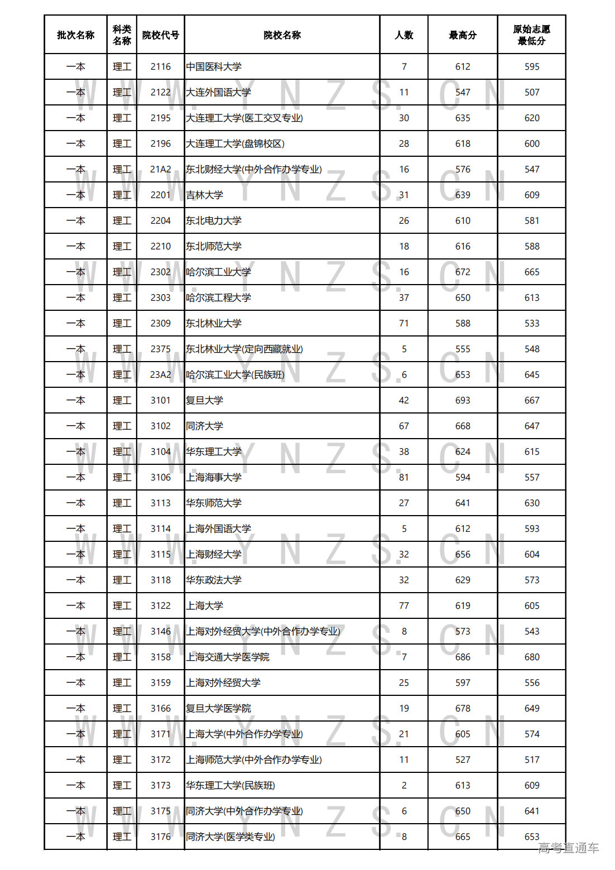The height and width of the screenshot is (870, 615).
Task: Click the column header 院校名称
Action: (282, 35)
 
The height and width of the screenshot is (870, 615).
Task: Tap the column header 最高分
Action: (463, 35)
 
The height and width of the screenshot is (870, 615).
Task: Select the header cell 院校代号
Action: (161, 35)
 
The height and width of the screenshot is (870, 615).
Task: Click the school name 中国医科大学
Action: (214, 66)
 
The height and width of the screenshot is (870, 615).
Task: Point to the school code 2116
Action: (161, 66)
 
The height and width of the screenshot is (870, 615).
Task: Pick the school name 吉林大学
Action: (204, 195)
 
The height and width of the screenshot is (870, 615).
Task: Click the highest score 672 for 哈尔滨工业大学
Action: (463, 272)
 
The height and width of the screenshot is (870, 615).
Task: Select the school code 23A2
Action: (161, 374)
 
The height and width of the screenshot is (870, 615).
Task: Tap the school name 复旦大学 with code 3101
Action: (204, 400)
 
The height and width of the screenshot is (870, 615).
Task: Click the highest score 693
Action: (463, 400)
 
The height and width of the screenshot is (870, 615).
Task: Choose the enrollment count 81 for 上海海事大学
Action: (404, 477)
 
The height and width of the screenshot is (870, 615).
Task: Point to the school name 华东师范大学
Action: (214, 503)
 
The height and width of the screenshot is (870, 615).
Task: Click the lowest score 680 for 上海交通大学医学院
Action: (532, 657)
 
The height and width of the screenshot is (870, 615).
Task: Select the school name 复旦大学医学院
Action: (218, 708)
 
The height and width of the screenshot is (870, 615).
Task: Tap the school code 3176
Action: (161, 837)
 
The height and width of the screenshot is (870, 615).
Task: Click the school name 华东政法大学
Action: (214, 580)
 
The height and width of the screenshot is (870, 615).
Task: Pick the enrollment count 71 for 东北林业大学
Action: (404, 323)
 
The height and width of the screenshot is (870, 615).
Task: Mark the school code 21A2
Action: (161, 169)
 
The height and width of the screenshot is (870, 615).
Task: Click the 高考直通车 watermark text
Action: (568, 848)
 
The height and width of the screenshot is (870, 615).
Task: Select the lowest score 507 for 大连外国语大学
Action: (532, 92)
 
